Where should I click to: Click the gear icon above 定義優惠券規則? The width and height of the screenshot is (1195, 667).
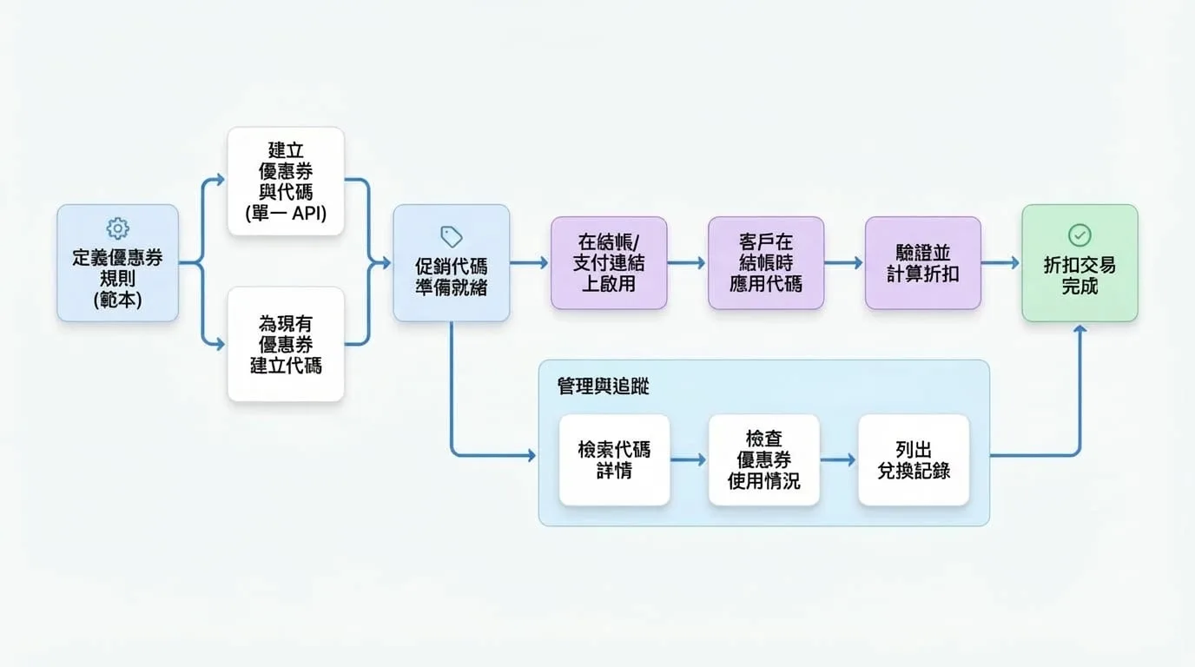117,228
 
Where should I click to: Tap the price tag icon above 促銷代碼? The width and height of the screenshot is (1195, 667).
452,236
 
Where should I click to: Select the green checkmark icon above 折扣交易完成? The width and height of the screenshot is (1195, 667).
1079,234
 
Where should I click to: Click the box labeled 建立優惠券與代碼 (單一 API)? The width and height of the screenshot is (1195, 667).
286,181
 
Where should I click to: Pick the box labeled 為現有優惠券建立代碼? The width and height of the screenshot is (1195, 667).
286,344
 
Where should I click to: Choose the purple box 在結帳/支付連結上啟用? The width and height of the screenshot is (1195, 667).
609,262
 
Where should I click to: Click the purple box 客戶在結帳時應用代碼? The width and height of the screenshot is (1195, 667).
766,262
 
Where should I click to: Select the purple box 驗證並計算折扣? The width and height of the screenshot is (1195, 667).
923,262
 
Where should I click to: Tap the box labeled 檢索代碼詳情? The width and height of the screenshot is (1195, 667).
614,460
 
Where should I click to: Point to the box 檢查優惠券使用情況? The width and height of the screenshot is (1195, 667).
764,460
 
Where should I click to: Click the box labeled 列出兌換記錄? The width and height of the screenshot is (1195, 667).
914,460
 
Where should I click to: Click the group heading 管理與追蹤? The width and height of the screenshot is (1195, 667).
603,386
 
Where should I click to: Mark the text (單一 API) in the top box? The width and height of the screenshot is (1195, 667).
286,214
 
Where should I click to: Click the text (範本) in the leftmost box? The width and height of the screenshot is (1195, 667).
117,300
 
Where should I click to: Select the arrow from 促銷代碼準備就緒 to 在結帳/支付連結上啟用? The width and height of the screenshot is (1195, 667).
529,262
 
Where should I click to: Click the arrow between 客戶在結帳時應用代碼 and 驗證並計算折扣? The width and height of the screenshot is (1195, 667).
843,262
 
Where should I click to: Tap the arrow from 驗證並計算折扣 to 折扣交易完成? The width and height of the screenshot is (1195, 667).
1000,262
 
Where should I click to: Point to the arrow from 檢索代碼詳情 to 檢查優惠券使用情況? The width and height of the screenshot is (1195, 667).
688,459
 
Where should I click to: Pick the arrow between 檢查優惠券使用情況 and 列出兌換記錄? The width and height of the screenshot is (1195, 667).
838,459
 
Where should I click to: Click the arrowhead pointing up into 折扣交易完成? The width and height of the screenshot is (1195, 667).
1079,329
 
